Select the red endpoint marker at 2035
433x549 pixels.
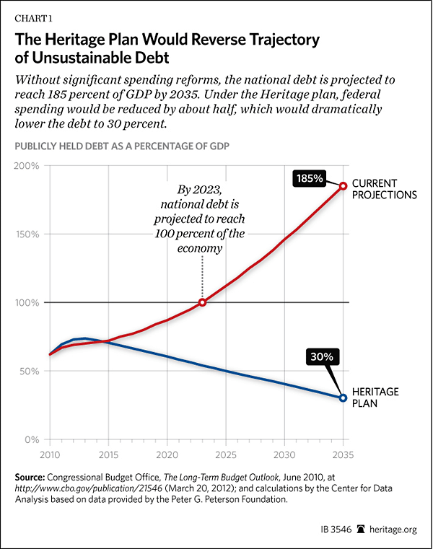(344, 186)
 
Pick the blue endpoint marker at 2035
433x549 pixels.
(344, 398)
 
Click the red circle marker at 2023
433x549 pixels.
(203, 302)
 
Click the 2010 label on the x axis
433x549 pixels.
(51, 456)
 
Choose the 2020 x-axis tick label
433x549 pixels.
(167, 456)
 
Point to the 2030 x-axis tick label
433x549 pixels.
(284, 456)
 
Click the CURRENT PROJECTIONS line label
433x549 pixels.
(386, 188)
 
